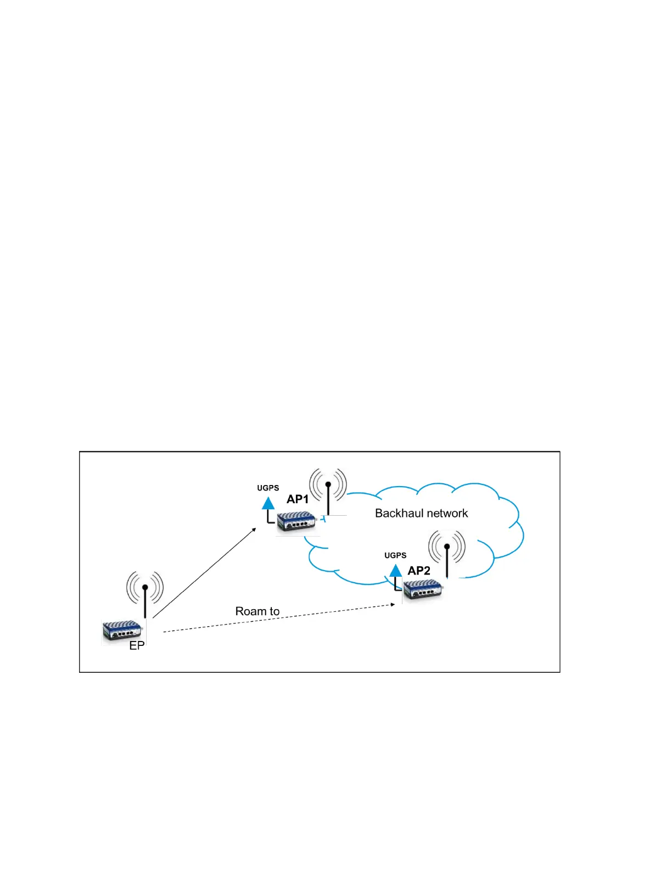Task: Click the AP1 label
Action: coord(298,499)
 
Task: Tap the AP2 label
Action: coord(419,571)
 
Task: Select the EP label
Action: coord(137,646)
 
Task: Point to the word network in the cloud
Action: coord(445,513)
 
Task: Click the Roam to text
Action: coord(257,611)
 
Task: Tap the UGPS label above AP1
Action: coord(268,488)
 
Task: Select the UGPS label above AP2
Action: coord(395,555)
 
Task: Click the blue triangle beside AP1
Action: coord(268,503)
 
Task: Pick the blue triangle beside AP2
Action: coord(395,570)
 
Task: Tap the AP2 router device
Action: coord(423,591)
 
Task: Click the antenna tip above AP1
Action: coord(328,484)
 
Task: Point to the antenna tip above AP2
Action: coord(447,546)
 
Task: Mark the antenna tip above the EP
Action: coord(145,587)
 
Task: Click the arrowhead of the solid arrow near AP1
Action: coord(254,529)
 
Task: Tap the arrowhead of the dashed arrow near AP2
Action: coord(393,605)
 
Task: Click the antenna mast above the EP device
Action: coord(145,604)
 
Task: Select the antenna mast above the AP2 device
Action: coord(447,563)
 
